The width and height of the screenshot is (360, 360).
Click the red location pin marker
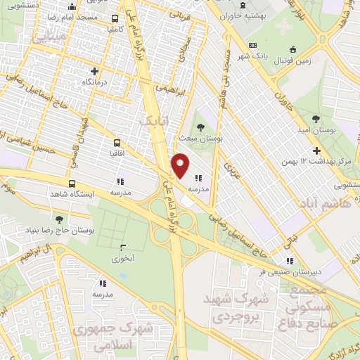[x=180, y=165]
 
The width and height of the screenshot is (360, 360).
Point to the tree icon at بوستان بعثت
[x=201, y=127]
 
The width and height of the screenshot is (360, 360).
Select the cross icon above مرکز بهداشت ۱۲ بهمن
[x=316, y=150]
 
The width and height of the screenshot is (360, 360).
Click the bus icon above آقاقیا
[x=114, y=139]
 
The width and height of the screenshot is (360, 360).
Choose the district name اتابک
[x=153, y=121]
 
